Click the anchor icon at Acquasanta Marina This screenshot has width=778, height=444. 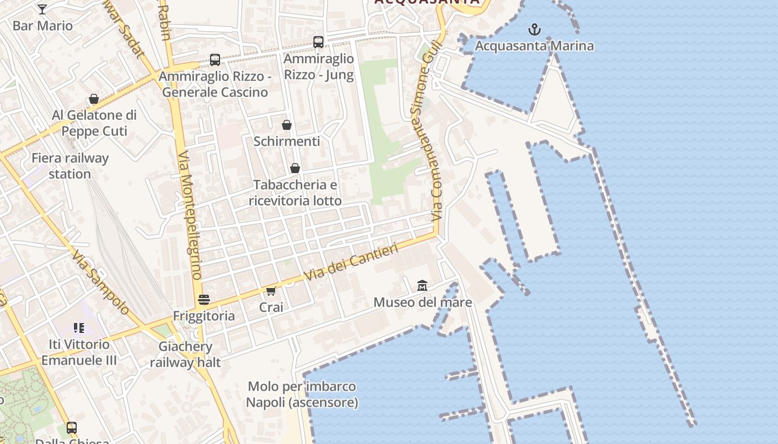pyautogui.click(x=534, y=29)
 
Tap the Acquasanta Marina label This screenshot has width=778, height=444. pyautogui.click(x=534, y=46)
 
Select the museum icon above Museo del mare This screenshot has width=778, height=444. pyautogui.click(x=422, y=286)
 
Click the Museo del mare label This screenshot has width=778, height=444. pyautogui.click(x=422, y=302)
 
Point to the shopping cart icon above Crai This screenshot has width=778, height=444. pyautogui.click(x=271, y=291)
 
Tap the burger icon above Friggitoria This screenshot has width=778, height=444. pyautogui.click(x=204, y=300)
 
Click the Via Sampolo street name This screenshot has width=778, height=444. pyautogui.click(x=101, y=282)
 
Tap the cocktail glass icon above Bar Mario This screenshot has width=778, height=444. pyautogui.click(x=42, y=9)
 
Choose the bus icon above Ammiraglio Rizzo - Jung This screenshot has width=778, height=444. pyautogui.click(x=318, y=42)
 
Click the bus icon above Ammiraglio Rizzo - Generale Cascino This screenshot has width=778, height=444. pyautogui.click(x=215, y=60)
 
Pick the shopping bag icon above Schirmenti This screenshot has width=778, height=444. pyautogui.click(x=287, y=125)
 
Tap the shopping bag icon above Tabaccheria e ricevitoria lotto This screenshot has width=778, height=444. pyautogui.click(x=295, y=168)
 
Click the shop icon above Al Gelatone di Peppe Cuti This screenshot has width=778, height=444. pyautogui.click(x=94, y=99)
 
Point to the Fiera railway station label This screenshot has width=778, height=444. pyautogui.click(x=70, y=165)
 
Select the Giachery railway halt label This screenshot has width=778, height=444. pyautogui.click(x=185, y=354)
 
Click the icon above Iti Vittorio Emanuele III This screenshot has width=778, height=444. pyautogui.click(x=79, y=328)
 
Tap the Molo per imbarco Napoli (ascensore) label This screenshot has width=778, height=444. pyautogui.click(x=302, y=394)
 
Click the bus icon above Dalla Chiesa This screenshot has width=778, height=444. pyautogui.click(x=72, y=428)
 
